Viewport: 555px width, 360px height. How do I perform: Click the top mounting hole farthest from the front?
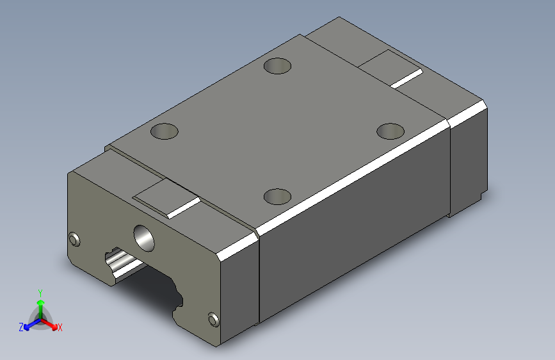tap(278, 66)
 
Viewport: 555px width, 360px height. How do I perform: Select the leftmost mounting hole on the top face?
tap(165, 131)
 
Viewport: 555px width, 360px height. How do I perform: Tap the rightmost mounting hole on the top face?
tap(390, 131)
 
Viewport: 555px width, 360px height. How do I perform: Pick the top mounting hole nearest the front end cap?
tap(278, 197)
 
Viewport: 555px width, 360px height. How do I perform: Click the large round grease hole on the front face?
tap(144, 238)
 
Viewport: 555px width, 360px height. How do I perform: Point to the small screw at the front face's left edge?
tap(74, 239)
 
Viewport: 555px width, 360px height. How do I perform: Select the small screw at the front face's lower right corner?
tap(213, 319)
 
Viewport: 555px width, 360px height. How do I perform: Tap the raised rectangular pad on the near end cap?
tap(166, 199)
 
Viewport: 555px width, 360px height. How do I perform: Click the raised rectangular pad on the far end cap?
tap(390, 69)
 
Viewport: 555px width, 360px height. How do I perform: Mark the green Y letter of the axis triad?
tap(40, 293)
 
